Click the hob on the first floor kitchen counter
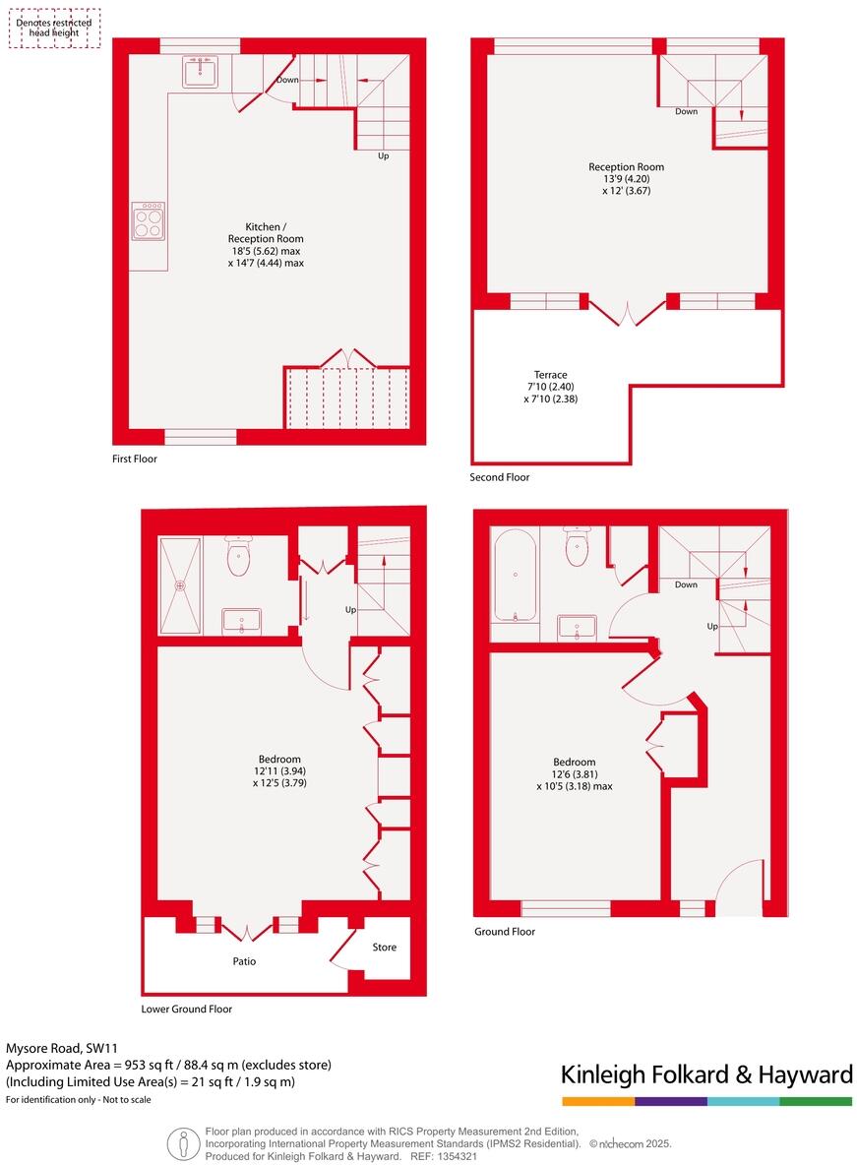pyautogui.click(x=149, y=221)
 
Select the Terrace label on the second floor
pyautogui.click(x=550, y=375)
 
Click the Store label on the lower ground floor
pyautogui.click(x=384, y=948)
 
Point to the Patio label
pyautogui.click(x=244, y=961)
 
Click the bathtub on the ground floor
pyautogui.click(x=515, y=576)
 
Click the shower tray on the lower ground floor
pyautogui.click(x=180, y=585)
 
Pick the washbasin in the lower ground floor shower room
pyautogui.click(x=241, y=621)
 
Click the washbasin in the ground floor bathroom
pyautogui.click(x=576, y=627)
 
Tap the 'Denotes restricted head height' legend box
pyautogui.click(x=54, y=29)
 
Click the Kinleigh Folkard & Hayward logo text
pyautogui.click(x=706, y=1074)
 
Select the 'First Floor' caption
pyautogui.click(x=134, y=459)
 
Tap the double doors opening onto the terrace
pyautogui.click(x=628, y=311)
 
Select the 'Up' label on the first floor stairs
pyautogui.click(x=384, y=155)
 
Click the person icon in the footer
pyautogui.click(x=180, y=1144)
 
